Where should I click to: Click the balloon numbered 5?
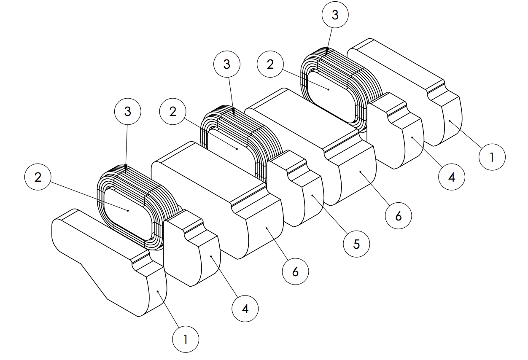tap(356, 243)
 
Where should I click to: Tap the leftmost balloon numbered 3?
tap(127, 111)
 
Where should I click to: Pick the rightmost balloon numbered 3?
tap(335, 15)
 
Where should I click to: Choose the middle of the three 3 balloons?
tap(227, 64)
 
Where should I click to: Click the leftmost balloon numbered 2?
tap(38, 177)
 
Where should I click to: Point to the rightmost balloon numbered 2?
tap(270, 64)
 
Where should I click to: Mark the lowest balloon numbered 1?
tap(186, 339)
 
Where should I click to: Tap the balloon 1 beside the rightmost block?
tap(492, 157)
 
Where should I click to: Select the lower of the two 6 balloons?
tap(295, 272)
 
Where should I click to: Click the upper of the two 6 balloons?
tap(399, 216)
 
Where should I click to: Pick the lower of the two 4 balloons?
tap(245, 309)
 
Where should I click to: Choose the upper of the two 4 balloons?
tap(451, 177)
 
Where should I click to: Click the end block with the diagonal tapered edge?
tap(105, 261)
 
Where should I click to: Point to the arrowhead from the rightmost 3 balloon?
tap(327, 52)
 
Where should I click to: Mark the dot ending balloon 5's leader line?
tap(312, 195)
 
